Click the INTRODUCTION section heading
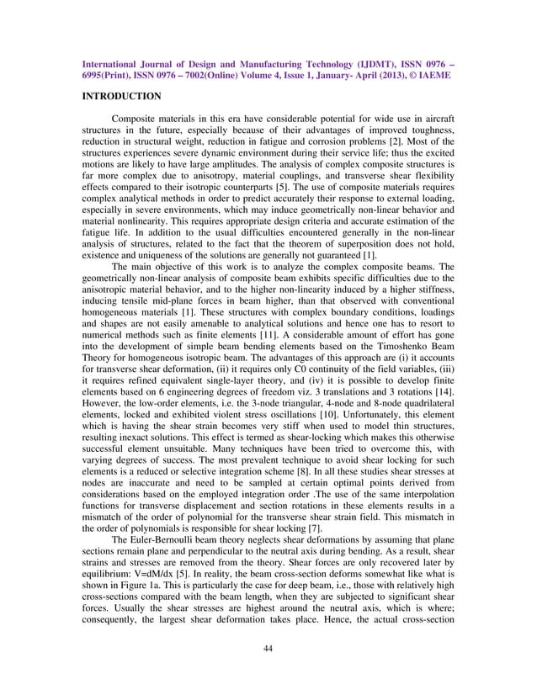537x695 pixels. point(120,97)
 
